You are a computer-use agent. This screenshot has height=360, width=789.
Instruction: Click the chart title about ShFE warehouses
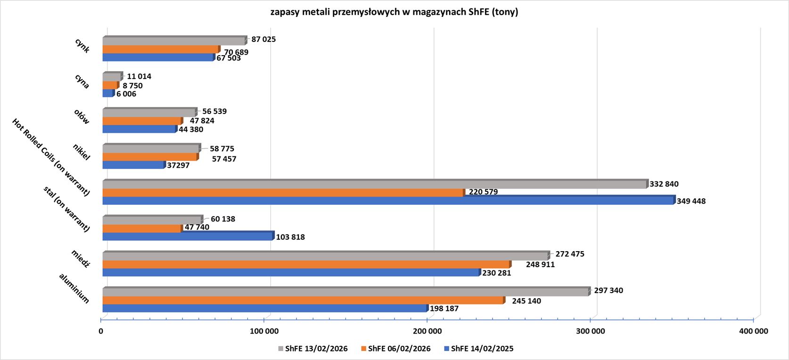(x=394, y=12)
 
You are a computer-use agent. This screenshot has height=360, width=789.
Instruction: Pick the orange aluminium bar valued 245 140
(x=303, y=301)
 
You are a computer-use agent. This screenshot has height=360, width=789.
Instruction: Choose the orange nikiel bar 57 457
(x=150, y=157)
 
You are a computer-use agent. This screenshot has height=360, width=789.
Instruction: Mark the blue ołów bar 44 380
(x=139, y=129)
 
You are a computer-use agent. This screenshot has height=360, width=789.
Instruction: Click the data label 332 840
(x=664, y=184)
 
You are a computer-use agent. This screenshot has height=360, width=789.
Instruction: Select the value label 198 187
(x=444, y=309)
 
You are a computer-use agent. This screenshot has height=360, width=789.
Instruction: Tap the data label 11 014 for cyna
(x=139, y=76)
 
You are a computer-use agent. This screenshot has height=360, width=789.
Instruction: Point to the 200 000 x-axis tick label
(x=427, y=331)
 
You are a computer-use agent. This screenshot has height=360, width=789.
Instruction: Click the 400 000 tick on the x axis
(x=753, y=331)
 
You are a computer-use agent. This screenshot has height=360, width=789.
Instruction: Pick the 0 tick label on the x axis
(x=101, y=331)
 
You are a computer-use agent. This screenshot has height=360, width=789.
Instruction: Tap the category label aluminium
(x=74, y=288)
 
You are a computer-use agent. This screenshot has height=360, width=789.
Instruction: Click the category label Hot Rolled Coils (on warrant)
(x=51, y=157)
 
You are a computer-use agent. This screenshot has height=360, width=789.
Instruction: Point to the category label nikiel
(x=82, y=152)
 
